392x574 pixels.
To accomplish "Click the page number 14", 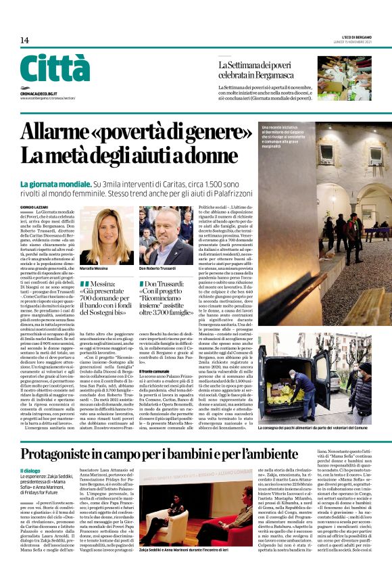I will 25,41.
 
